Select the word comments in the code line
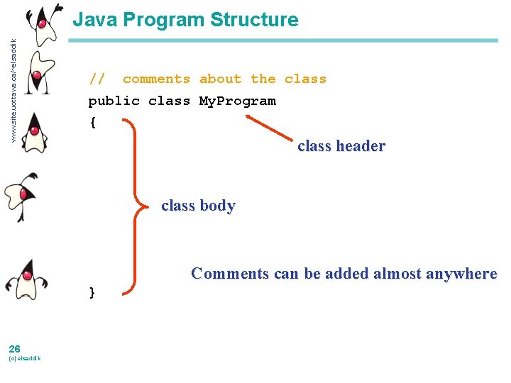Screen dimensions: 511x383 [156, 79]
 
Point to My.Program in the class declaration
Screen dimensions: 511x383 [237, 101]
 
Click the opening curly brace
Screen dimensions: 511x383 [92, 122]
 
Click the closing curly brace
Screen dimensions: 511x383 [92, 292]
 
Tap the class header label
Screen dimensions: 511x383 [341, 147]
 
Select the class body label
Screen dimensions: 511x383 [198, 206]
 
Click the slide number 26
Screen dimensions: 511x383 [14, 348]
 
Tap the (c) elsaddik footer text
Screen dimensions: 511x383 [25, 358]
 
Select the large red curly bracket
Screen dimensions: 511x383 [135, 206]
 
